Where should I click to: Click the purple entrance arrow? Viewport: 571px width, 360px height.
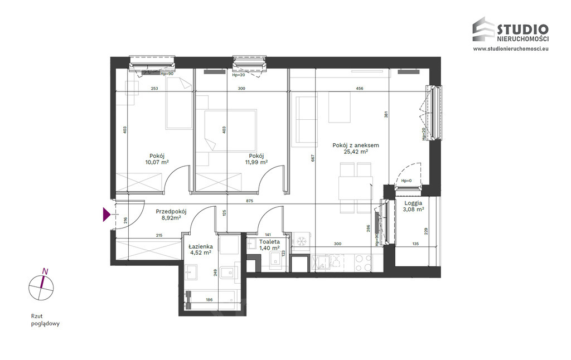(107, 215)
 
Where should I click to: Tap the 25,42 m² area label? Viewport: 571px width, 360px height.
(355, 152)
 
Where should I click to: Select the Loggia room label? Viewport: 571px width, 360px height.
(413, 203)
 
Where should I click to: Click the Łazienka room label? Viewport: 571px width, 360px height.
(201, 246)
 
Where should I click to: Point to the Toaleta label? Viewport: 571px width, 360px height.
(269, 242)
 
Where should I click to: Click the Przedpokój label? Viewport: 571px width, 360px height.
(171, 212)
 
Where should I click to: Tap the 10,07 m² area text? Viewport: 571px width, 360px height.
(157, 162)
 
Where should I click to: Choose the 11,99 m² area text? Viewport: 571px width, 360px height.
(257, 162)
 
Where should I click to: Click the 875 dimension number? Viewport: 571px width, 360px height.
(249, 201)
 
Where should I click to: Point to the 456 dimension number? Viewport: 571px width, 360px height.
(360, 89)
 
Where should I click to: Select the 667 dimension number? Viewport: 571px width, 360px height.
(313, 158)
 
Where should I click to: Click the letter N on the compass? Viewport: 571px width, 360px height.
(45, 271)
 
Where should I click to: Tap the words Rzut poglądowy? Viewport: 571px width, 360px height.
(45, 320)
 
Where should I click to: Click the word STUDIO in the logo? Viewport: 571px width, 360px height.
(522, 29)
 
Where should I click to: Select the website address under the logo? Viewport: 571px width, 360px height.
(511, 48)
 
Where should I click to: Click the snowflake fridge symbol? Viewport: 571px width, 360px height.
(301, 241)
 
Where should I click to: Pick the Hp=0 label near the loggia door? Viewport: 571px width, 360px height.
(407, 181)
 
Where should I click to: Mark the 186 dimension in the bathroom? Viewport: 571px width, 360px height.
(209, 300)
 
